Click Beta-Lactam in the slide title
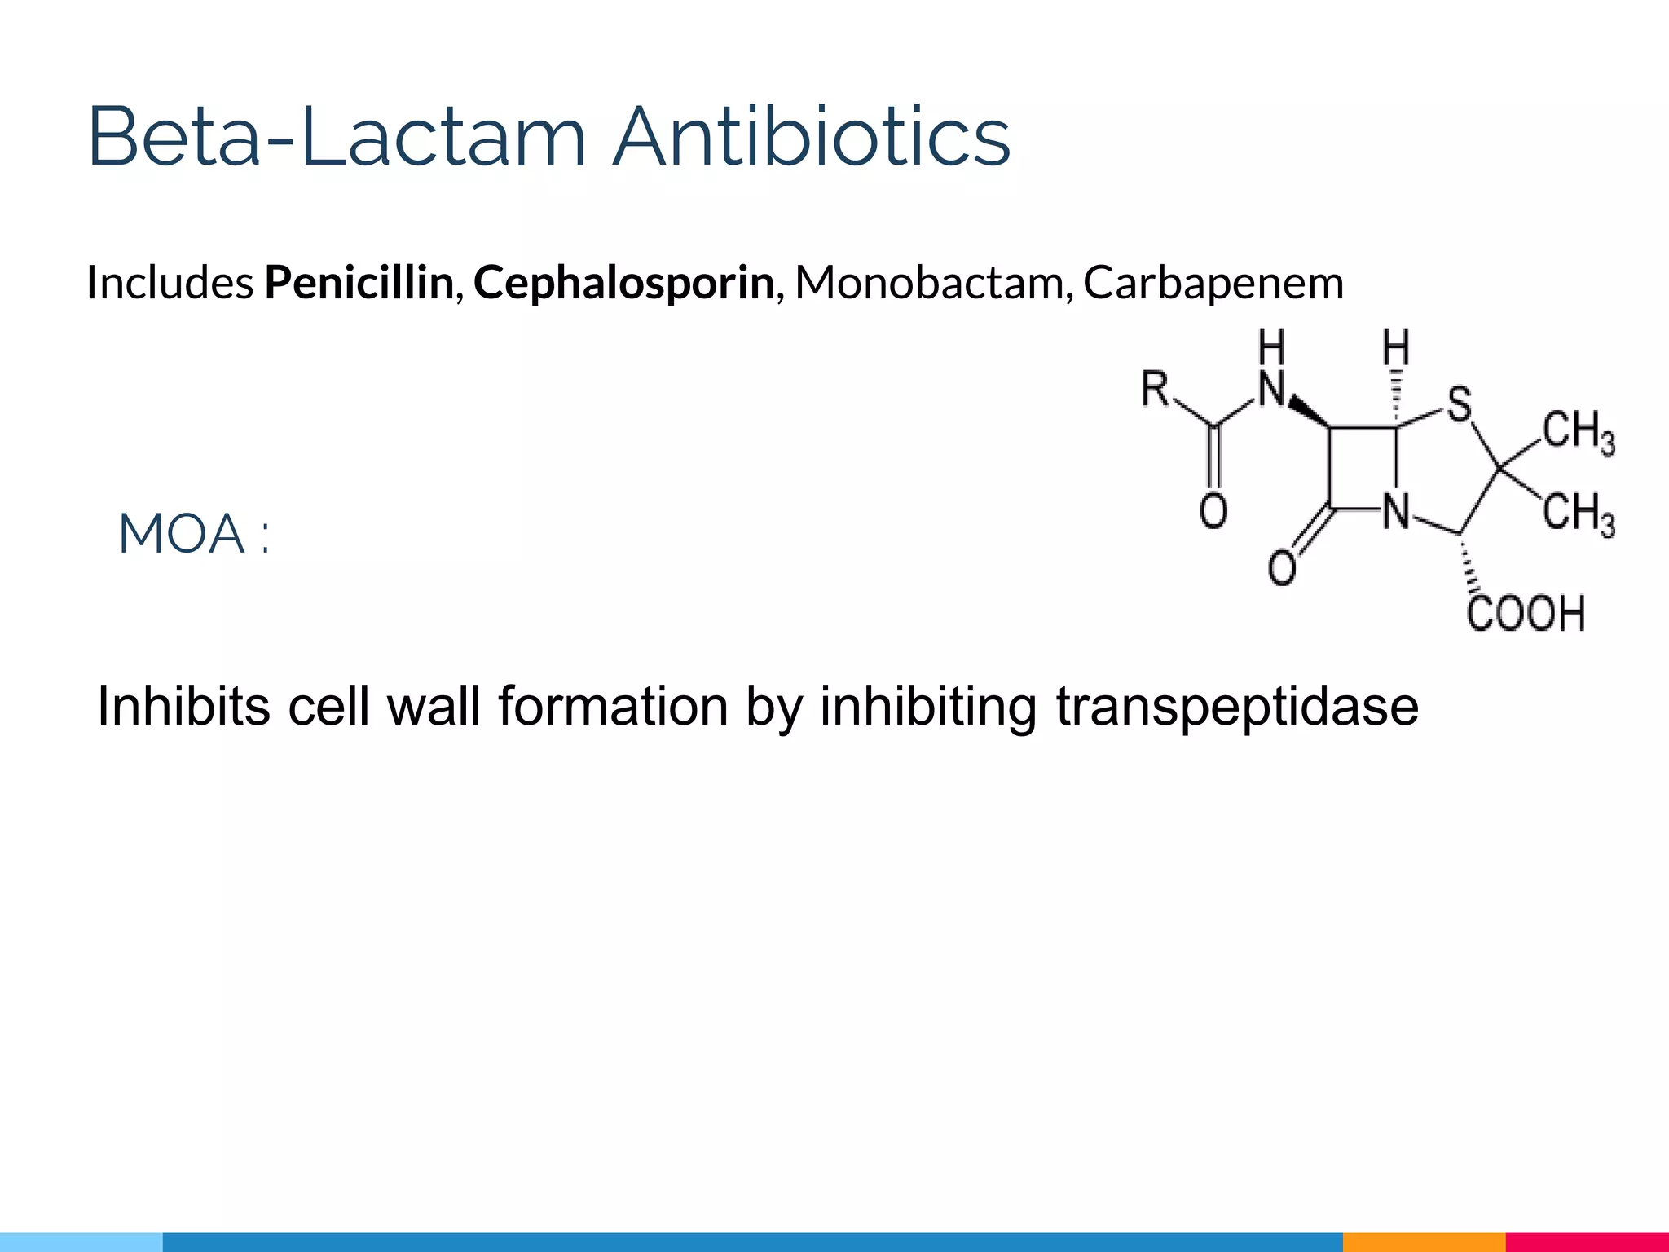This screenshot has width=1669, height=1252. click(337, 137)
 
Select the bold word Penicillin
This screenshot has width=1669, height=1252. click(359, 283)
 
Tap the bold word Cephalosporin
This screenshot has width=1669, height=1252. click(623, 283)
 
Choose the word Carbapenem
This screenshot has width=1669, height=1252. click(1213, 283)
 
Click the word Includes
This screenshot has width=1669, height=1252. click(170, 283)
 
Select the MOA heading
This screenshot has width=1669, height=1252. click(194, 535)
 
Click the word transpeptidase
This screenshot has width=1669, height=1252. click(1237, 706)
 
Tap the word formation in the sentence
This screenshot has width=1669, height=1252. click(613, 706)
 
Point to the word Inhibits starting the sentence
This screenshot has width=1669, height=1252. click(183, 706)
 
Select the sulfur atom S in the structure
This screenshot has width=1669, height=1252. click(1459, 404)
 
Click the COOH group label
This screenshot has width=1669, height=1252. click(1526, 614)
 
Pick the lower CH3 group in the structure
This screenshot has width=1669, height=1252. click(1579, 515)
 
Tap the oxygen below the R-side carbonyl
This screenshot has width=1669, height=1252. click(1213, 512)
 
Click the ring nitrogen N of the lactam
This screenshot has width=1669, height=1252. click(1397, 512)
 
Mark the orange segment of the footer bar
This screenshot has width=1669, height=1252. click(1424, 1242)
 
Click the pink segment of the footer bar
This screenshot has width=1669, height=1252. click(1587, 1242)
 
